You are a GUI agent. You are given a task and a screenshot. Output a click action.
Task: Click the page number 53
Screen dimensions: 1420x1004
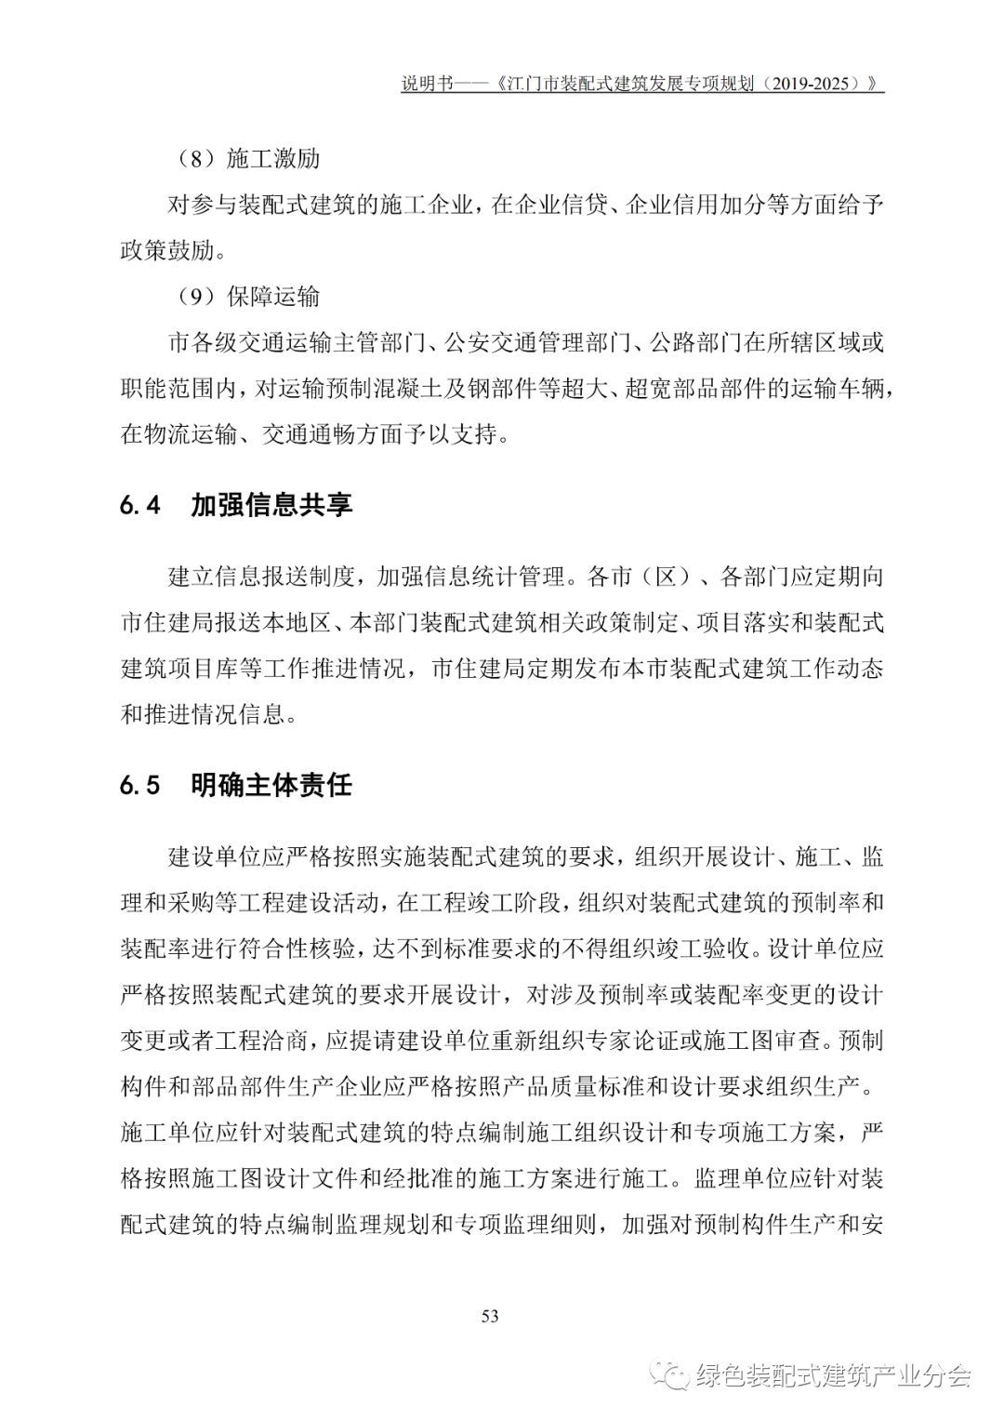coord(491,1315)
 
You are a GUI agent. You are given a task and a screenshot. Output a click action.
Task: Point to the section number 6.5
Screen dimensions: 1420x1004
coord(141,785)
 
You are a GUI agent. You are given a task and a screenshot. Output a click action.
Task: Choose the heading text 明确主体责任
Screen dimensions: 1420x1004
coord(271,785)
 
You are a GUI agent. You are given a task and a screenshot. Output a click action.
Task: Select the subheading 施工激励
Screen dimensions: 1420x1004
coord(273,159)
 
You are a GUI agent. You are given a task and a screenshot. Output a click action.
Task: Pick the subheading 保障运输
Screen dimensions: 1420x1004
coord(273,297)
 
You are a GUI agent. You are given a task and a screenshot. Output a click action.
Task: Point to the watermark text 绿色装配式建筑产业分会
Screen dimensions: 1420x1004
coord(832,1375)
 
